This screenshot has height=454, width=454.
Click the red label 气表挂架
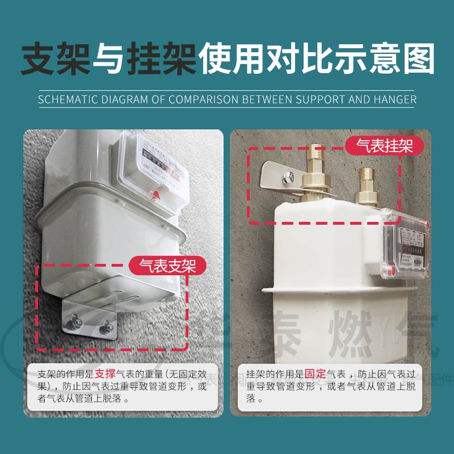click(x=384, y=146)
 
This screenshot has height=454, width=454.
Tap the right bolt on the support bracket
click(x=106, y=327)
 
